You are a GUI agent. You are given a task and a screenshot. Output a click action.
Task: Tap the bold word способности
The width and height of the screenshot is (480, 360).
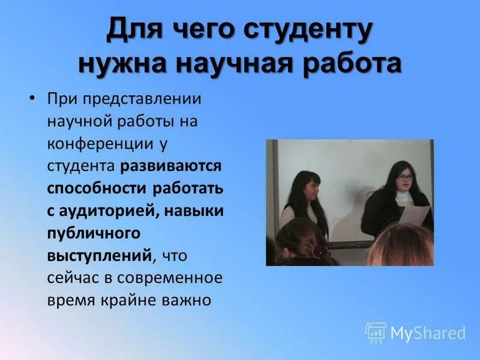point(98,188)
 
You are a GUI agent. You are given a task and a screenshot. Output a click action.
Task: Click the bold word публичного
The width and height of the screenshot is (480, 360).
point(93,232)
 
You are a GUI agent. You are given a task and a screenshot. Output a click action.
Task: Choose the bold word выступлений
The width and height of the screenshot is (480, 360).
point(99,255)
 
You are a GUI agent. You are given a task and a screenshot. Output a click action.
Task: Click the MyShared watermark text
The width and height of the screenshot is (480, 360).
point(428,333)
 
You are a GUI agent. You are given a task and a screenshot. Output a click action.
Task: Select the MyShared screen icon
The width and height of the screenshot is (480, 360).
point(376,332)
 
